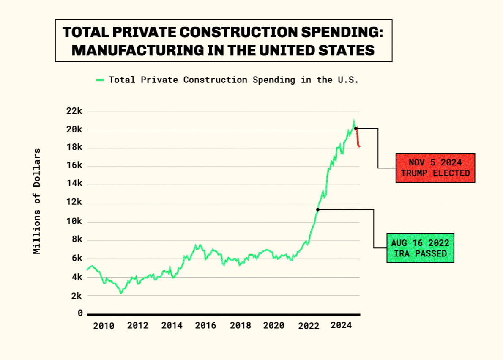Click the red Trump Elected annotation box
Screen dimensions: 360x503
pos(435,168)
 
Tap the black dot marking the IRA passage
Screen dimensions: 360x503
pos(317,209)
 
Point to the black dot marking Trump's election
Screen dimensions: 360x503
pos(355,128)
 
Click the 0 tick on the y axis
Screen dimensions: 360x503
pos(80,313)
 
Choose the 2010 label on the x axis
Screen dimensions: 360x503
pos(104,326)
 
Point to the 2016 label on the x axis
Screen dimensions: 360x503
pos(205,326)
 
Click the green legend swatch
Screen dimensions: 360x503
pos(100,80)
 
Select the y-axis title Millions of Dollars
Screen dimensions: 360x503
pos(37,201)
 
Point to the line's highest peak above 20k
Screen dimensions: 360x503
pos(354,121)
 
